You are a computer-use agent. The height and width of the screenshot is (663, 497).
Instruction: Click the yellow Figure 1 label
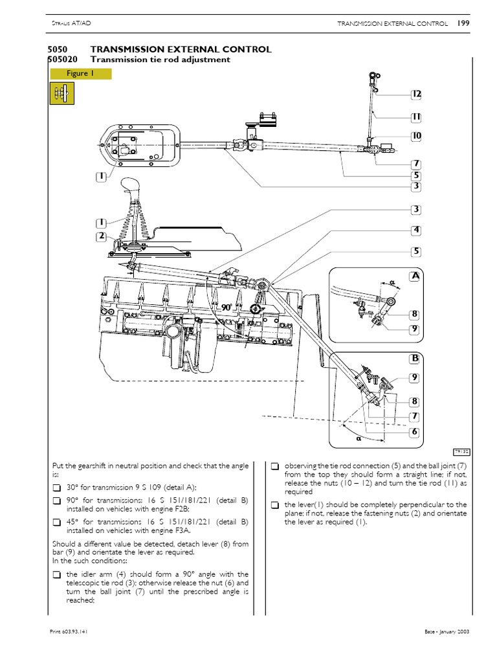[80, 74]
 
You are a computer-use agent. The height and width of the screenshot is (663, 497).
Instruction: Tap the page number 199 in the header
[463, 23]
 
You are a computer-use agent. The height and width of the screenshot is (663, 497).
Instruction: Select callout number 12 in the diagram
[415, 95]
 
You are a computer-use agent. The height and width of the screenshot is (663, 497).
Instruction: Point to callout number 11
[415, 117]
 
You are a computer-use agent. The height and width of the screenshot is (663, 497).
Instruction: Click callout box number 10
[415, 136]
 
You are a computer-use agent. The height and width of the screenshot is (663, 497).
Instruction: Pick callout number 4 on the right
[415, 230]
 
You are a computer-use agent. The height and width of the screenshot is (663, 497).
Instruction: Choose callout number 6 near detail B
[414, 432]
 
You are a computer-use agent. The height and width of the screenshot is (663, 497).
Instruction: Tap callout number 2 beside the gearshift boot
[101, 236]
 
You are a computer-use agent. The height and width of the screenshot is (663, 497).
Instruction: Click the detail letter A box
[415, 276]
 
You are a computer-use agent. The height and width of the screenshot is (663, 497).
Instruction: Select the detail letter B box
[415, 358]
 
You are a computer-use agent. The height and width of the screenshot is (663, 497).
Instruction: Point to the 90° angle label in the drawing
[226, 309]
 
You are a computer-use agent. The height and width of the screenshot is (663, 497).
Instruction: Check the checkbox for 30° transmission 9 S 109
[56, 488]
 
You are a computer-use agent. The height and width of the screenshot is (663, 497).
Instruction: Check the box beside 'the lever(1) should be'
[275, 504]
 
